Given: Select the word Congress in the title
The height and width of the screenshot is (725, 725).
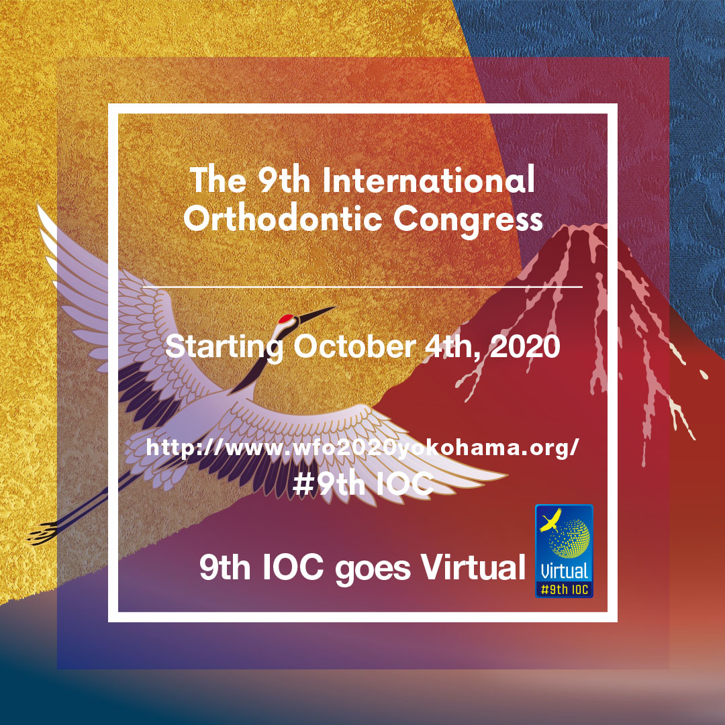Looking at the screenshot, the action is (468, 221).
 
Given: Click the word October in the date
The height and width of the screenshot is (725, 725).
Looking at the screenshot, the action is (355, 346).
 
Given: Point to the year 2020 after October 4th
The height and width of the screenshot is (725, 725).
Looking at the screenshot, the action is (524, 346).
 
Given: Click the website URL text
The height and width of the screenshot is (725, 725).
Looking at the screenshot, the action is (362, 448).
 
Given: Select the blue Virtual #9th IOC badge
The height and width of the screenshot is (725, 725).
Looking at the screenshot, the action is (564, 550).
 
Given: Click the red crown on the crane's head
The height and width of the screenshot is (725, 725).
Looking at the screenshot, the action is (287, 318).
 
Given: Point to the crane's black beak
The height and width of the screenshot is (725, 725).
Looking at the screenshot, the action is (316, 313).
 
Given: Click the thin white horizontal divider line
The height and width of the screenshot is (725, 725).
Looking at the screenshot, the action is (362, 287).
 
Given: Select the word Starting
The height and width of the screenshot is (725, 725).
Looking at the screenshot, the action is (224, 348).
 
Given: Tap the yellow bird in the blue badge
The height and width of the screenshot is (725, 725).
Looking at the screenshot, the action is (551, 520).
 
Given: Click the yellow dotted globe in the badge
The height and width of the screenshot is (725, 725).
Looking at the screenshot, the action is (570, 538).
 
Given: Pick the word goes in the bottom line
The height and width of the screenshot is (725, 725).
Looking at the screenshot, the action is (373, 570).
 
